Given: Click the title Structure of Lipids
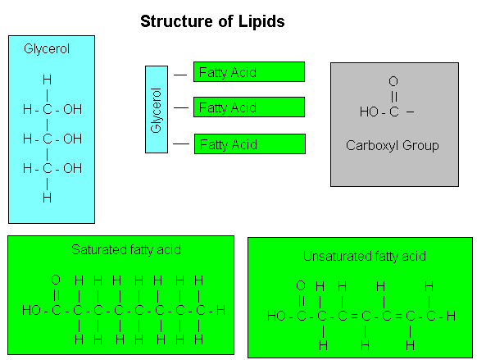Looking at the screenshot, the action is pos(212,21).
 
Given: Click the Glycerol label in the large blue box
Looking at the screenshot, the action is pos(47,49).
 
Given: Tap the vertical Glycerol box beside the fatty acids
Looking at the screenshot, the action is pos(157,110).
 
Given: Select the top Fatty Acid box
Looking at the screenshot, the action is pos(249,72).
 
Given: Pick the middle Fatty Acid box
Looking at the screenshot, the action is pos(249,107).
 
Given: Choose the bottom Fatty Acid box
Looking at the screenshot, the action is pos(250,144).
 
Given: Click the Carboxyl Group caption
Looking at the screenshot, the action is pos(393,146).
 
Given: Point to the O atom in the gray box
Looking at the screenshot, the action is pos(393,81).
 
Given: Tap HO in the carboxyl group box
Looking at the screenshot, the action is pos(369,112).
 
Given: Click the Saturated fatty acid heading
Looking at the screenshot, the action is pos(126,250).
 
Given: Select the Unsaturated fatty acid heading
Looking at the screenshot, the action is pos(365,257).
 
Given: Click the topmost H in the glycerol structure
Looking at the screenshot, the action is pos(48,80).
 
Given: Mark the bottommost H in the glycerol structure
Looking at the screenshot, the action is pos(48,198).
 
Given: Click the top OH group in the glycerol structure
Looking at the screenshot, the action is pos(72,110).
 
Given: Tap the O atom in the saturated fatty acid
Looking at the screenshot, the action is pos(56,280).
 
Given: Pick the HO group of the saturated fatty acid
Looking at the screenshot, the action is pos(32,311).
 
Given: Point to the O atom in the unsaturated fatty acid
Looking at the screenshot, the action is pos(301,285).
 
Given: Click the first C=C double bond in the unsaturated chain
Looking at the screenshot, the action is pos(354,317).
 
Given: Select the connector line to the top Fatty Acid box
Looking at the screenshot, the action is pos(180,75).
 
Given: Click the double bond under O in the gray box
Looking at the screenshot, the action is pos(393,97).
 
